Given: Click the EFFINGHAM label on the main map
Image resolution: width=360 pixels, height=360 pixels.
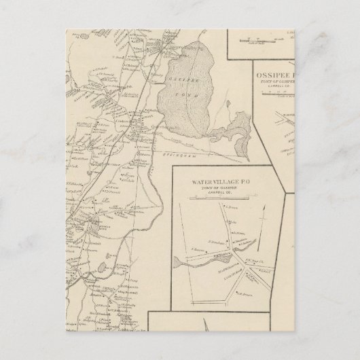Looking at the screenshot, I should [187, 155].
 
